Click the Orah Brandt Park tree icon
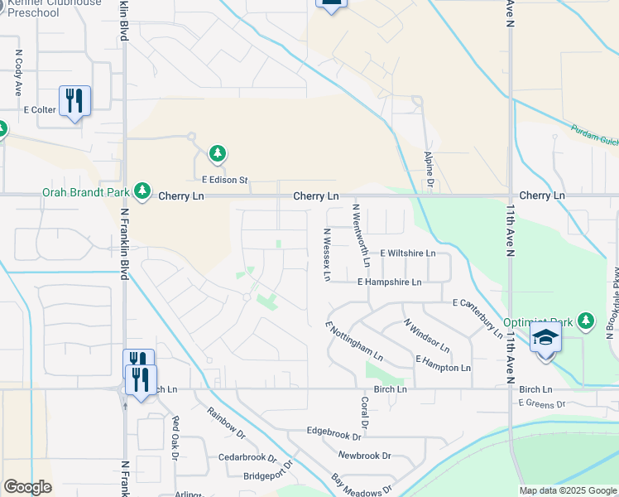coord(142,191)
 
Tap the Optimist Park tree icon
coord(586,321)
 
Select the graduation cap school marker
coord(546,339)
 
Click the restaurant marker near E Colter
coord(74,100)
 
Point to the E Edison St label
coord(225,179)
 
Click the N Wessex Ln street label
coord(327,254)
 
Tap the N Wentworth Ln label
coord(361,235)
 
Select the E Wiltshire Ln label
coord(407,253)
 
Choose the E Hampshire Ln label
coord(389,282)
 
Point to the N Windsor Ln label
coord(426,336)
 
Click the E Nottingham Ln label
coord(354,342)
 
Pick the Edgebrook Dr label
coord(334,432)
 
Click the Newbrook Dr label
coord(364,456)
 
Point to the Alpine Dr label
coord(429,171)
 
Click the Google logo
coord(27,487)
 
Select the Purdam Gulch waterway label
coord(594,136)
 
